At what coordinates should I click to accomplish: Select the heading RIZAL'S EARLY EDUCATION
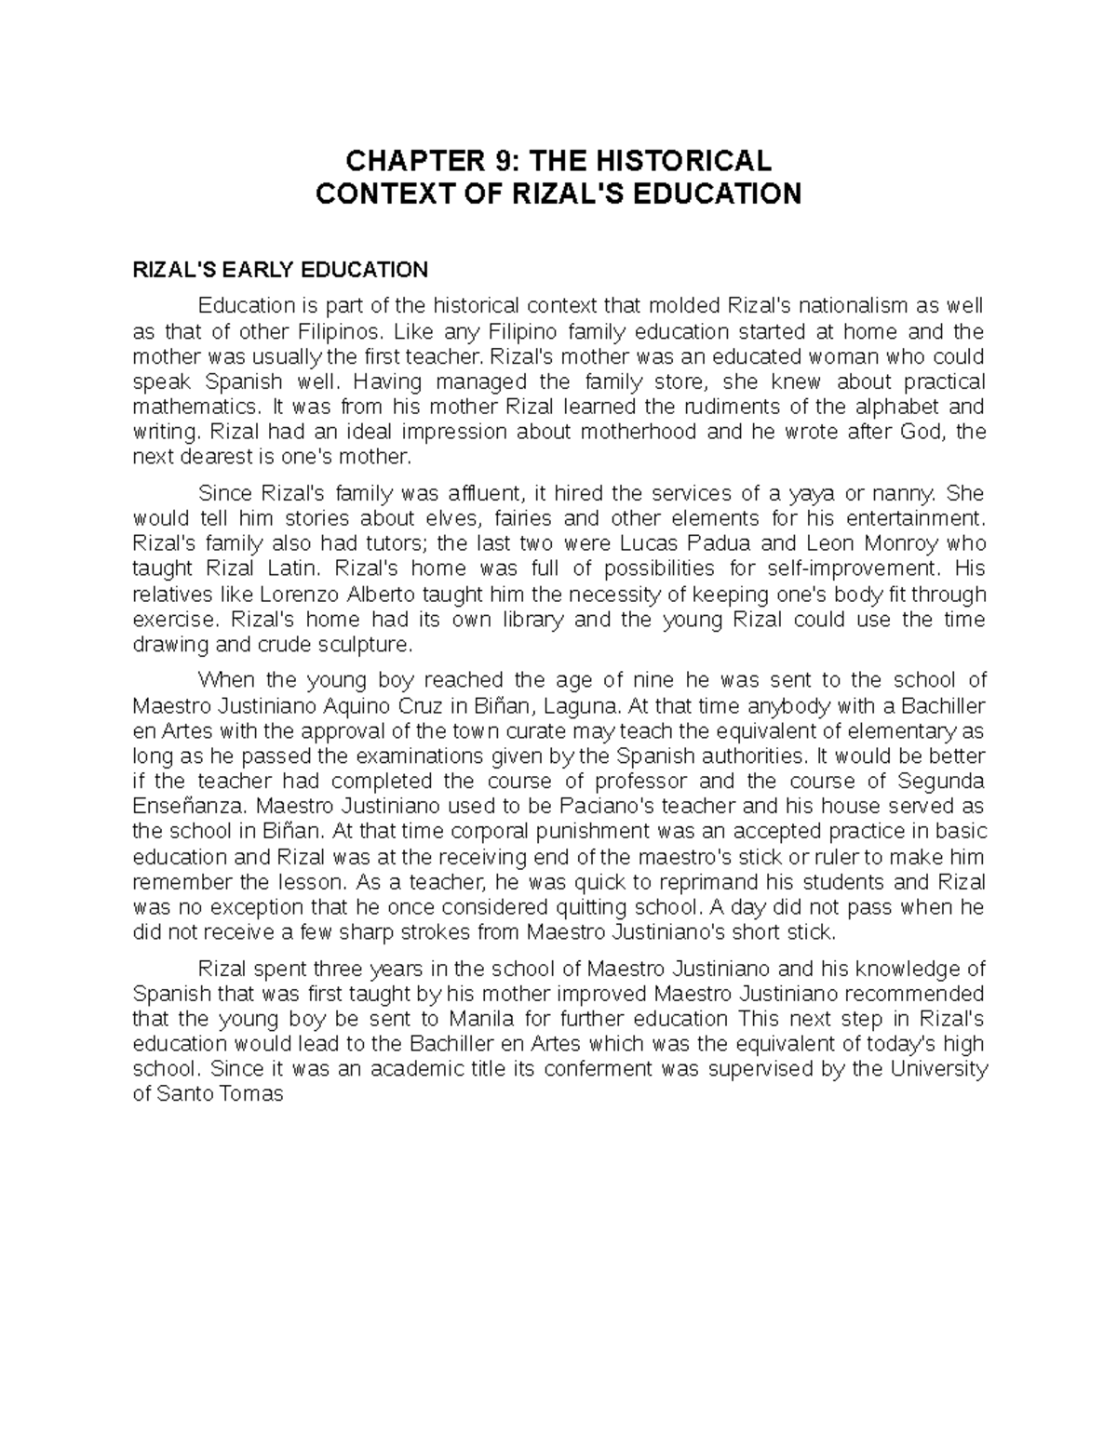click(280, 270)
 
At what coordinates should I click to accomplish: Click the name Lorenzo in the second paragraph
click(297, 594)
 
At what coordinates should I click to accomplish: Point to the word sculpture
click(365, 644)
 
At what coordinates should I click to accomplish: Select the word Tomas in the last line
click(249, 1094)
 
